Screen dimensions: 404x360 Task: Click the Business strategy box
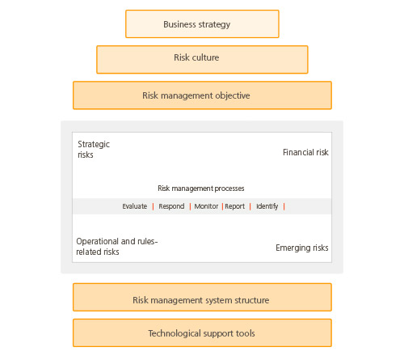point(202,24)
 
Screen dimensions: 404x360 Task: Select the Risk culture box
point(202,60)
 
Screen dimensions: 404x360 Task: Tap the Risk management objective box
point(202,95)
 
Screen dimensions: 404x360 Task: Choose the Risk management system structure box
point(202,297)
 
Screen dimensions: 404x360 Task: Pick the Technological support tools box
point(202,332)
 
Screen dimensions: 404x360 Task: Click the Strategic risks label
point(94,150)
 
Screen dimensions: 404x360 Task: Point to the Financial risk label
point(305,152)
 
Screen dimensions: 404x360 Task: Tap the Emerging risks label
point(302,248)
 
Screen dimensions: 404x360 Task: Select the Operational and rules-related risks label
point(117,247)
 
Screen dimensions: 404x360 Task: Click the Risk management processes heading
point(201,188)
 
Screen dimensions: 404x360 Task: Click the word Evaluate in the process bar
point(135,206)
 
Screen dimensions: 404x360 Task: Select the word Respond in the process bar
point(171,206)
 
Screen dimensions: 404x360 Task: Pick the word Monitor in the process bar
point(206,206)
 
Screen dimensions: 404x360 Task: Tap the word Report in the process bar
point(235,206)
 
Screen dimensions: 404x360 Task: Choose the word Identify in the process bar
point(267,206)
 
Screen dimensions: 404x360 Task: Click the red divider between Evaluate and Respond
point(153,206)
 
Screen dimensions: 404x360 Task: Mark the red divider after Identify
point(284,206)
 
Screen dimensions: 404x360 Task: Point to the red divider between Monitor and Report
point(222,206)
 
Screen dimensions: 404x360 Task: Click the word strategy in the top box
point(214,24)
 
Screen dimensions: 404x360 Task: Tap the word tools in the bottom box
point(246,333)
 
